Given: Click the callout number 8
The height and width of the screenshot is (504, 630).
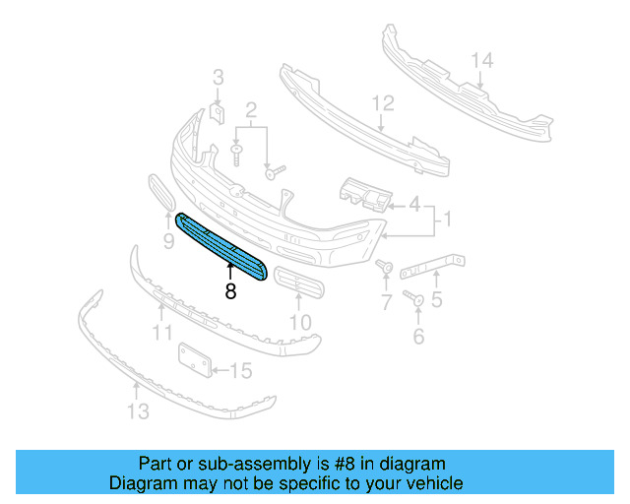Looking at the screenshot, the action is coord(230,291).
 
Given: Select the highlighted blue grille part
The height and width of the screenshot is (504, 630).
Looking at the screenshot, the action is coord(221,246).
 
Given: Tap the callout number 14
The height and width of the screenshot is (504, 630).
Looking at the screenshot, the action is coord(480,61).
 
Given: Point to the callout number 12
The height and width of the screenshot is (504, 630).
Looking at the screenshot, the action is coord(382,102).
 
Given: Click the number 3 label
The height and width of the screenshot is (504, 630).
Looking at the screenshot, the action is coord(219,77).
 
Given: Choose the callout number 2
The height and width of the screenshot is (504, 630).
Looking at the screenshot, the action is coord(251,109).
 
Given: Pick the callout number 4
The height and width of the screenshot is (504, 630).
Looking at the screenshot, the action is coord(414,206).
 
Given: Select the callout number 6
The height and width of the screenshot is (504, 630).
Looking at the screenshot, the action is coord(418,337).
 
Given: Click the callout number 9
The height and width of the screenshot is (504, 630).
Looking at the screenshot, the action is coord(168,238).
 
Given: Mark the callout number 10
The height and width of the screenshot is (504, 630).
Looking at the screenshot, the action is coord(299,321).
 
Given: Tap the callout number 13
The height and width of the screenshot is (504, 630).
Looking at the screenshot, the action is coord(139,410).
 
